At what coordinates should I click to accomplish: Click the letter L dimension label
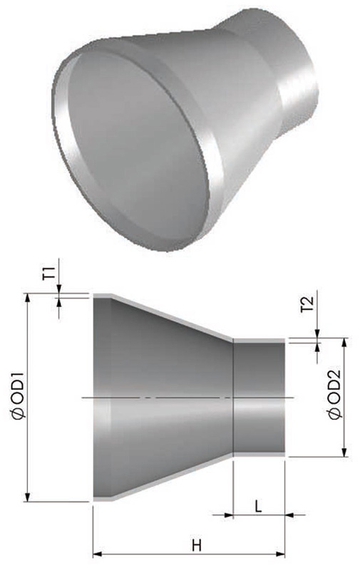[258, 506]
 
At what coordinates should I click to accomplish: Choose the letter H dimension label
[197, 546]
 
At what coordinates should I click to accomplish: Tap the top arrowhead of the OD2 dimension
[344, 342]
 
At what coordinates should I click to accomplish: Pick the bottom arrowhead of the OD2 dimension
[344, 452]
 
